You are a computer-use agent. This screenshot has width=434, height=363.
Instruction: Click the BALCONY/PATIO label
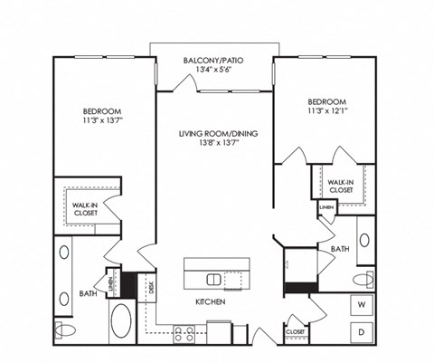212,61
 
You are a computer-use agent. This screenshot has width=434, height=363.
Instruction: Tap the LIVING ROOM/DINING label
218,133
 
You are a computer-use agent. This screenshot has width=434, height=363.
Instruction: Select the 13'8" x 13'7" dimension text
218,143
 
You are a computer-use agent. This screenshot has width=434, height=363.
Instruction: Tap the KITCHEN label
209,301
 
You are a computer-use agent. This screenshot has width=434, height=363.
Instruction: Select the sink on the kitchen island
213,278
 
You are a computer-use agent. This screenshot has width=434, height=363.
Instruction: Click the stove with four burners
184,331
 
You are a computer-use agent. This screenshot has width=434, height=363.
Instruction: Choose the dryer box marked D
361,332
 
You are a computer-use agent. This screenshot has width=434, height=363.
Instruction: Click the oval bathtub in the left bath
120,320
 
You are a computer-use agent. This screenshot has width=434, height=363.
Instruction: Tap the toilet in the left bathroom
62,328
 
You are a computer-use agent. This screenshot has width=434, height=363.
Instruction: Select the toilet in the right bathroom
362,278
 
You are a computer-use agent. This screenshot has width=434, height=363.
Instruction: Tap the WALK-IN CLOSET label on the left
88,211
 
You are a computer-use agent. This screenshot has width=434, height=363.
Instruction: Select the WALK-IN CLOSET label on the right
341,185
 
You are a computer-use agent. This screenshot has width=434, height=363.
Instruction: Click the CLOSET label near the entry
296,331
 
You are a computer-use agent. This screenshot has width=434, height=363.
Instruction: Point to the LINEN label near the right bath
326,210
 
